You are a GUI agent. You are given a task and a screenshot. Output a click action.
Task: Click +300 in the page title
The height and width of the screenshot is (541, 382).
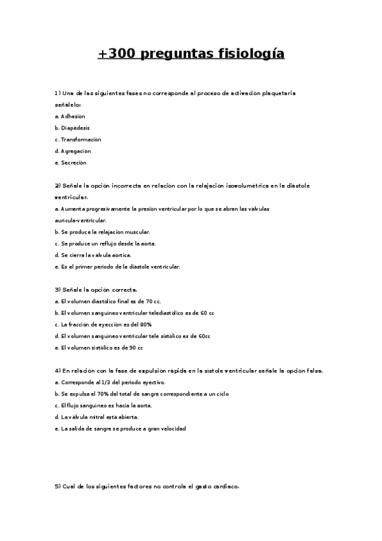[x=115, y=54]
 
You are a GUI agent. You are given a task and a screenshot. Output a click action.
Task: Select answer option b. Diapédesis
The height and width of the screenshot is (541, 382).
[x=72, y=128]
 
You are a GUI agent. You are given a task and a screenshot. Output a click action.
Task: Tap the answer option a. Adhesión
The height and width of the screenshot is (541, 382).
[x=70, y=116]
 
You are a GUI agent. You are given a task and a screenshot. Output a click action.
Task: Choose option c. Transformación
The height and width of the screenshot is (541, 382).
[x=78, y=139]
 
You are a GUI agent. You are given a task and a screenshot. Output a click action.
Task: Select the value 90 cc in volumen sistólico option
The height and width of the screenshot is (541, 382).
[x=136, y=348]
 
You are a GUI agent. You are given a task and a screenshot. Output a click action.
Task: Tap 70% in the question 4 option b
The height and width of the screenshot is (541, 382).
[x=100, y=394]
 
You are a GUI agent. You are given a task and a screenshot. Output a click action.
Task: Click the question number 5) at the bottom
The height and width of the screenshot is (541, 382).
[x=57, y=487]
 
